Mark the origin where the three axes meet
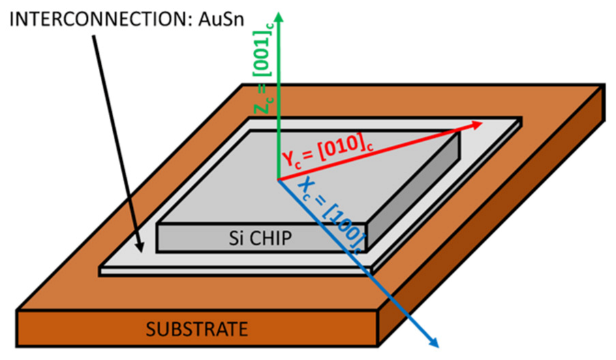(x=278, y=179)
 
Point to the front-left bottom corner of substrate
(x=17, y=346)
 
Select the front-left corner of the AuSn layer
(x=100, y=271)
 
